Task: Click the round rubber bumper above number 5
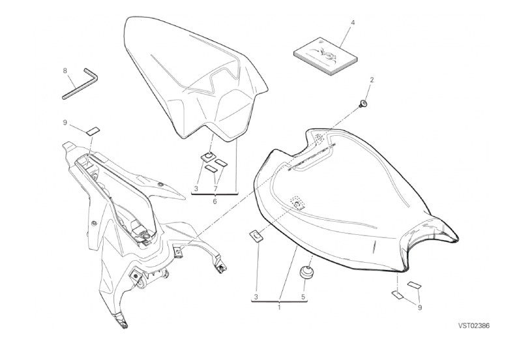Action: tap(304, 271)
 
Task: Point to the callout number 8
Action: tap(65, 70)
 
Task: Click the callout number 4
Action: tap(353, 23)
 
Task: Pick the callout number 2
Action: tap(372, 80)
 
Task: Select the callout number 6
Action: tap(214, 202)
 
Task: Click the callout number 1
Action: tap(279, 307)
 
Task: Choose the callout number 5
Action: tap(304, 297)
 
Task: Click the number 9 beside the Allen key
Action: tap(65, 122)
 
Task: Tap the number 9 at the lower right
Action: tap(420, 307)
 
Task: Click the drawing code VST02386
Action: tap(473, 325)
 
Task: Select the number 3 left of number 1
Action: tap(257, 297)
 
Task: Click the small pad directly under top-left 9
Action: tap(93, 130)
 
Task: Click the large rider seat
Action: tap(352, 196)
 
